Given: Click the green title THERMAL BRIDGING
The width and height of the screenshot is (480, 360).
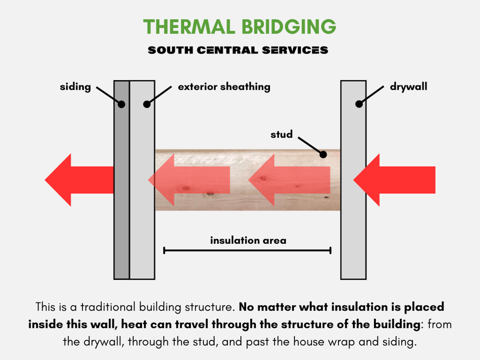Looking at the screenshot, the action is click(x=240, y=26).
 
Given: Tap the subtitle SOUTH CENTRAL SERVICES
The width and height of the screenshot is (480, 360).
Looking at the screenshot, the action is click(x=238, y=50).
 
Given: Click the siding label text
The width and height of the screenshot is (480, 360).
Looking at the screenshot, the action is click(x=75, y=87).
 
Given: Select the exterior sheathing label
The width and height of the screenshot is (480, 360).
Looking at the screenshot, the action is click(x=224, y=87).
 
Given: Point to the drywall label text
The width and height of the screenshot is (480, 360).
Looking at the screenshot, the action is click(x=409, y=87).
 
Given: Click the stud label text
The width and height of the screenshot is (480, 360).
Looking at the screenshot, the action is click(x=281, y=134).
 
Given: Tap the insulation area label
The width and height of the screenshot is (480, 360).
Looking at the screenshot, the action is click(x=248, y=240).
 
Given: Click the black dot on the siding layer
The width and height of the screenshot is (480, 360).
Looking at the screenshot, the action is click(x=121, y=105).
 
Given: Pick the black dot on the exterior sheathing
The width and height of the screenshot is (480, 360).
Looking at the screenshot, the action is click(x=147, y=104).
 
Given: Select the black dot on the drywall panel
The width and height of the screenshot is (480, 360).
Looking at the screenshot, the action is click(x=359, y=104).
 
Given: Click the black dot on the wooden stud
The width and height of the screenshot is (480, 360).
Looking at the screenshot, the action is click(x=323, y=155).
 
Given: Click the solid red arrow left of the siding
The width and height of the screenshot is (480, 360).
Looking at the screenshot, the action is click(x=79, y=180).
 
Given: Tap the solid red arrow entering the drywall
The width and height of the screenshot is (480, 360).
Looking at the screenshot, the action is click(x=394, y=180).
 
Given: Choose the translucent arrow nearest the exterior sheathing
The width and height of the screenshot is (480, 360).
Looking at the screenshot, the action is click(x=189, y=180).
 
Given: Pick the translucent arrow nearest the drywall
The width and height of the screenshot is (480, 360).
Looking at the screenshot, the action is click(x=289, y=180).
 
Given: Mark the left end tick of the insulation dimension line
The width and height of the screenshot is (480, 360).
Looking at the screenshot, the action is click(x=164, y=251).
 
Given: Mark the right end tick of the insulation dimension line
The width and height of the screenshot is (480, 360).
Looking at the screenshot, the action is click(x=330, y=251).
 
